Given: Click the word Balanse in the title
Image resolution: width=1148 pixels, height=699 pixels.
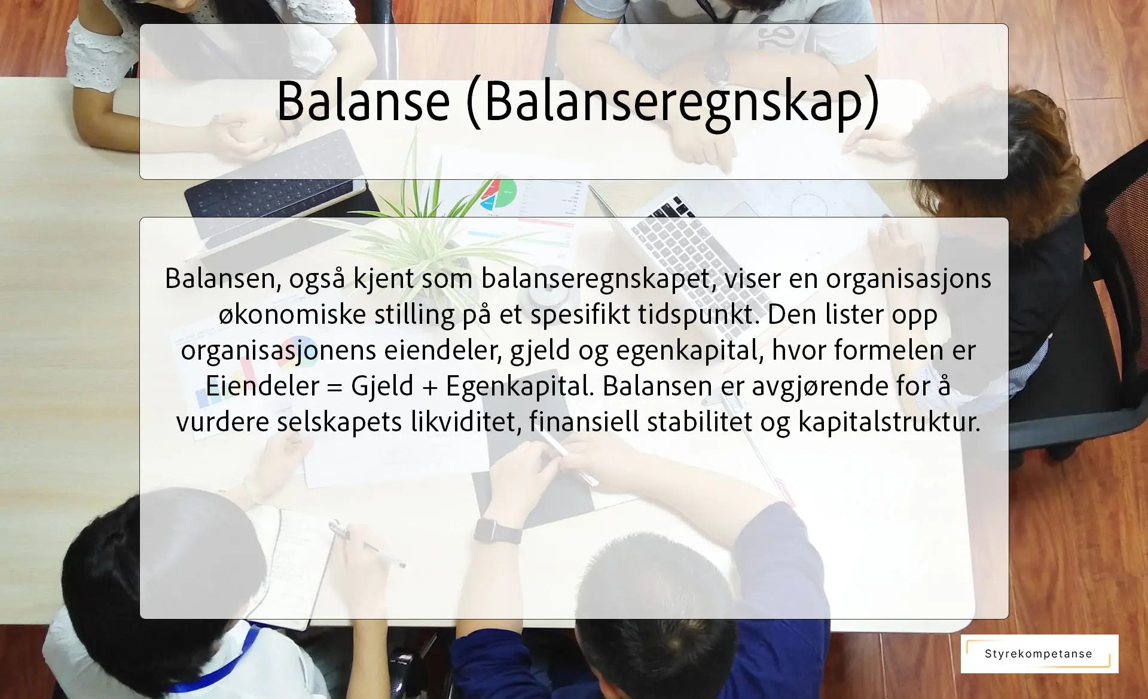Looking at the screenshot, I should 363,100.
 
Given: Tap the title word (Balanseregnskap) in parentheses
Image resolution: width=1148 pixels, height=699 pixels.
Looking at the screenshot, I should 673,102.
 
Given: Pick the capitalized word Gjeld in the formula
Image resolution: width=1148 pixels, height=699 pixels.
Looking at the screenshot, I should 382,386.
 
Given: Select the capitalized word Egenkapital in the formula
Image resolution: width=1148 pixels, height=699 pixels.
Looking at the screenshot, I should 520,387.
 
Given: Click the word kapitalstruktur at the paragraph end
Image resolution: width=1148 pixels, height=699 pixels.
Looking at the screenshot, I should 889,422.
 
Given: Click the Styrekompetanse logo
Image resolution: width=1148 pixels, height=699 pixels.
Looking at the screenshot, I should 1039,654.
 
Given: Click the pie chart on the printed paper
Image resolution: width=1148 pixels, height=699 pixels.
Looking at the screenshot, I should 497,192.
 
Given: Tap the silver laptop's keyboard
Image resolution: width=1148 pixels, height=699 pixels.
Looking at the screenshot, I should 676,251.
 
